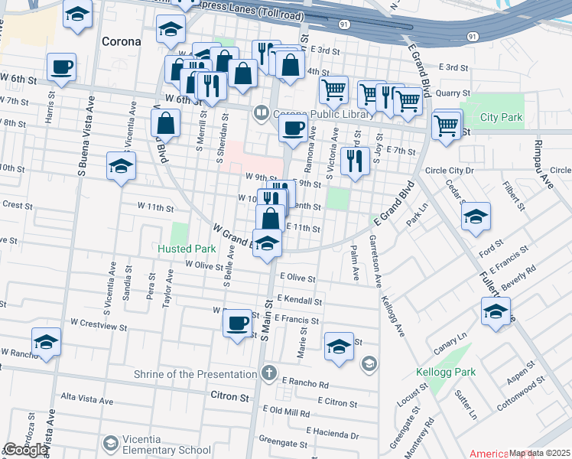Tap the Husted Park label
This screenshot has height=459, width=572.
(x=187, y=249)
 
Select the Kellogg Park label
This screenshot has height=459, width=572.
(x=445, y=373)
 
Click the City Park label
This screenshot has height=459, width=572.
(x=502, y=118)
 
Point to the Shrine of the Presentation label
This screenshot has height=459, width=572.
(x=195, y=374)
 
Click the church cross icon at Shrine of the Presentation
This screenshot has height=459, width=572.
(x=268, y=373)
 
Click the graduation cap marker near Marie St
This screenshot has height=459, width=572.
(x=339, y=346)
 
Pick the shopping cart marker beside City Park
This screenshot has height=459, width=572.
(x=447, y=125)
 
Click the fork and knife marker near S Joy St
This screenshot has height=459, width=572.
(x=354, y=161)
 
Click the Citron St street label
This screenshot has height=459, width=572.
(x=229, y=398)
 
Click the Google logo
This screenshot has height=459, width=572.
(x=25, y=450)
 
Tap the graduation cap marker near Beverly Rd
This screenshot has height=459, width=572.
(x=496, y=311)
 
